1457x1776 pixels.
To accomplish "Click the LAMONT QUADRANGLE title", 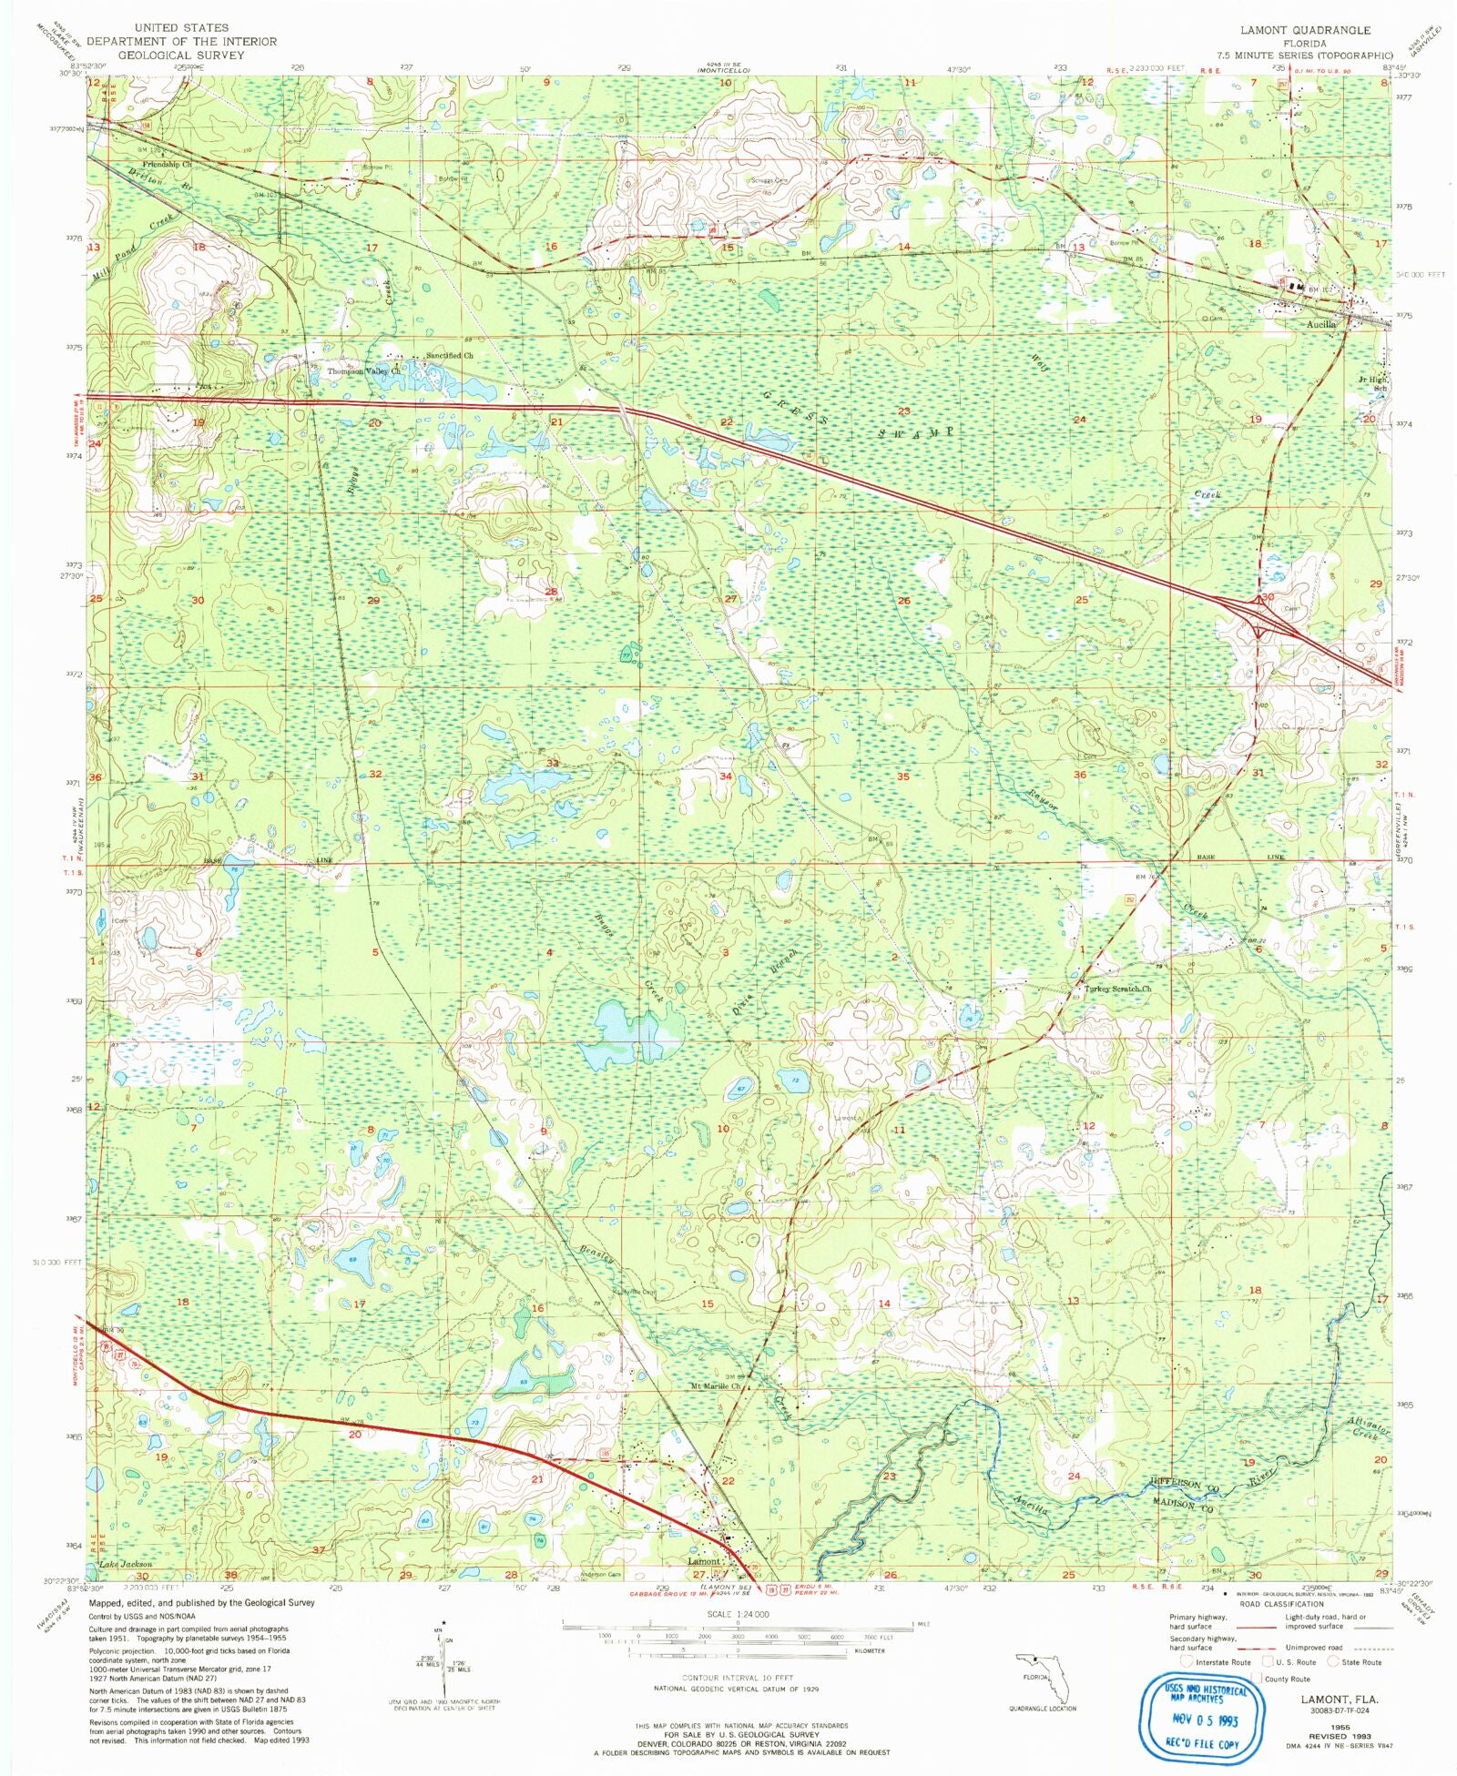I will pos(1305,30).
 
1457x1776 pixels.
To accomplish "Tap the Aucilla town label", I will pos(1320,324).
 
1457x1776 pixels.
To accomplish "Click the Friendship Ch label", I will pos(167,165).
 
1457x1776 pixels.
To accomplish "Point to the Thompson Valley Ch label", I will pos(363,371).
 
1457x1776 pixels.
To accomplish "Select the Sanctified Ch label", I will pos(450,356).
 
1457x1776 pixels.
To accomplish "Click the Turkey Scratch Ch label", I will pos(1117,989).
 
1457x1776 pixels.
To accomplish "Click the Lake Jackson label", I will pos(125,1564).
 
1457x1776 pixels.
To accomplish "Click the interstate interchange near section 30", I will pos(1261,620).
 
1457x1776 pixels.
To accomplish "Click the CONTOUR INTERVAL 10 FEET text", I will pos(738,1678).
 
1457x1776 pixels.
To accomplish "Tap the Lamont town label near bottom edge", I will pos(704,1560).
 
